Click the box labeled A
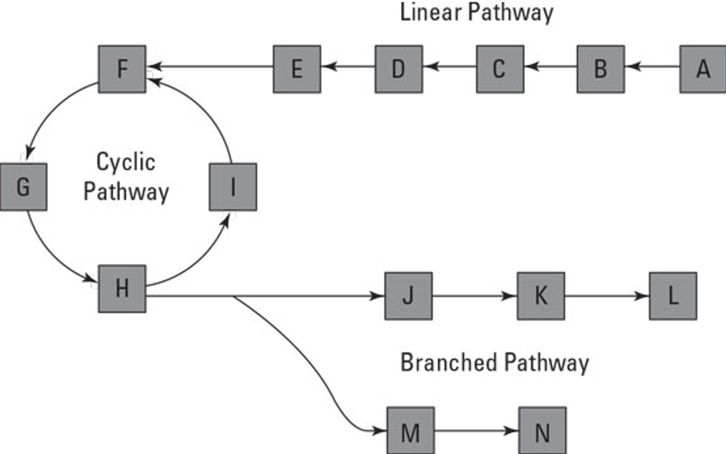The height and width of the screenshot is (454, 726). click(703, 69)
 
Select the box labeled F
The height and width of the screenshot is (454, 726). click(122, 69)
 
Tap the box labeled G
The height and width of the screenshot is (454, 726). click(24, 187)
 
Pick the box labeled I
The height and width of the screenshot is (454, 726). click(233, 187)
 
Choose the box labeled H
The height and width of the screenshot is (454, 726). click(122, 289)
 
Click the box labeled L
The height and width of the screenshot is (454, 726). click(673, 296)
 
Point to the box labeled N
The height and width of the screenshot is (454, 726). click(543, 431)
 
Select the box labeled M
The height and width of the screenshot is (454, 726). click(411, 431)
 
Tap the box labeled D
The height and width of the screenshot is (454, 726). click(399, 69)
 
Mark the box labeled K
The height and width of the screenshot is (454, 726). click(541, 296)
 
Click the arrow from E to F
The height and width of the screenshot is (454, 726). click(210, 66)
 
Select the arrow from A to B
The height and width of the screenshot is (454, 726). click(652, 66)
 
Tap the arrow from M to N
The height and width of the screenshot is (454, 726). click(476, 431)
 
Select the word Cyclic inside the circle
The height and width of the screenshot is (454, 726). click(126, 162)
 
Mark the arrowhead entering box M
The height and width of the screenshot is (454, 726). click(378, 431)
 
